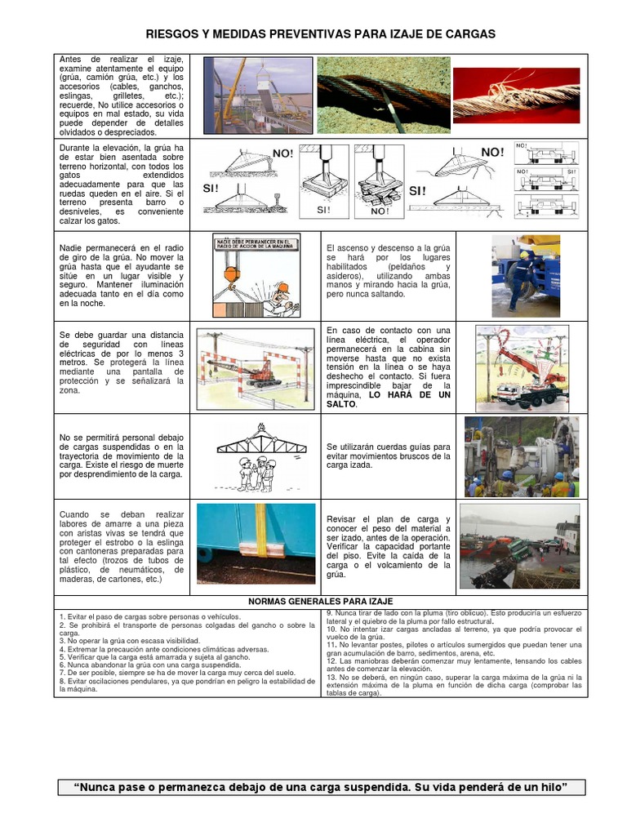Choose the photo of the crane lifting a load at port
[257, 94]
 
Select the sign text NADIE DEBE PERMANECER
[255, 242]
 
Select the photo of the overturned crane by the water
[519, 545]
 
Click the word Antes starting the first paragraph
[72, 60]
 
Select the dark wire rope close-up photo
[383, 94]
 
